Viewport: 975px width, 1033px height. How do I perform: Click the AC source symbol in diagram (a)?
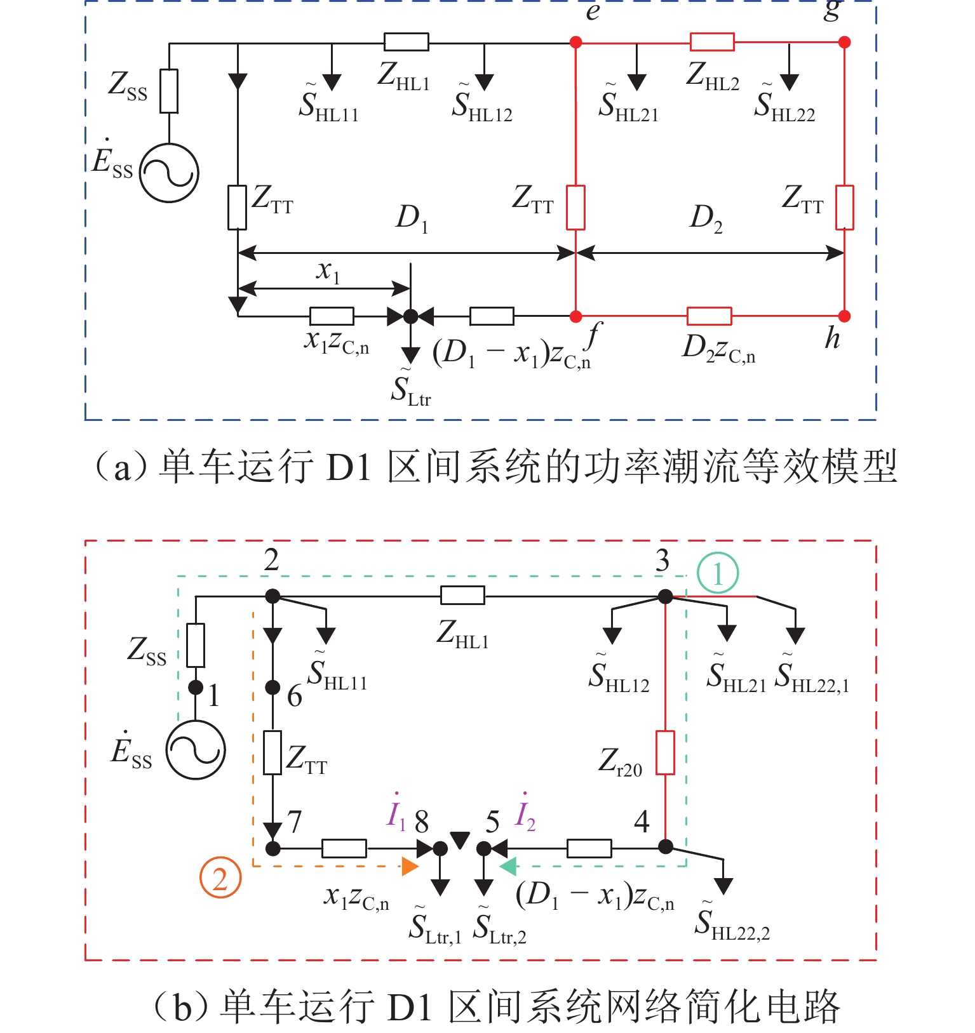(169, 173)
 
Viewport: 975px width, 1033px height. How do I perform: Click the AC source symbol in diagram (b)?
(196, 750)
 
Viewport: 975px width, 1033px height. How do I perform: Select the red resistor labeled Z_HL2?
(712, 43)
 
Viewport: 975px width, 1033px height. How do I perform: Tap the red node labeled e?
(576, 43)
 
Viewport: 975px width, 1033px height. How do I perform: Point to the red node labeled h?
(844, 316)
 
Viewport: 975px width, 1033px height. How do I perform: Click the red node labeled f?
(576, 316)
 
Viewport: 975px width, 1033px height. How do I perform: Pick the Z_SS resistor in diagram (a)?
(169, 91)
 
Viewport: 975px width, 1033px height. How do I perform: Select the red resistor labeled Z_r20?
(665, 752)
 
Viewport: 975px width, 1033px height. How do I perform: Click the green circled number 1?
(718, 573)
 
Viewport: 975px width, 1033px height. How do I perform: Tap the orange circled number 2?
(220, 878)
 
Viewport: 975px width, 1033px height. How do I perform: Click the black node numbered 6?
(272, 687)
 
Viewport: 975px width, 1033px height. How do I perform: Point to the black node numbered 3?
(665, 597)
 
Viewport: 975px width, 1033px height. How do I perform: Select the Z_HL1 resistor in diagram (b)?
(462, 596)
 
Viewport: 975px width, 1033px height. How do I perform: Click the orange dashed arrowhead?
(410, 866)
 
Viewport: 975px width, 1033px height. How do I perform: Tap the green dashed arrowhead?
(508, 866)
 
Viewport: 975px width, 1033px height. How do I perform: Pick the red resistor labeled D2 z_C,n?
(709, 316)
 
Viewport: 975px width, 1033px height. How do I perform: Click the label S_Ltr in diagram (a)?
(410, 390)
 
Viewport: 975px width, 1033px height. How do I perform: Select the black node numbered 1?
(196, 688)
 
